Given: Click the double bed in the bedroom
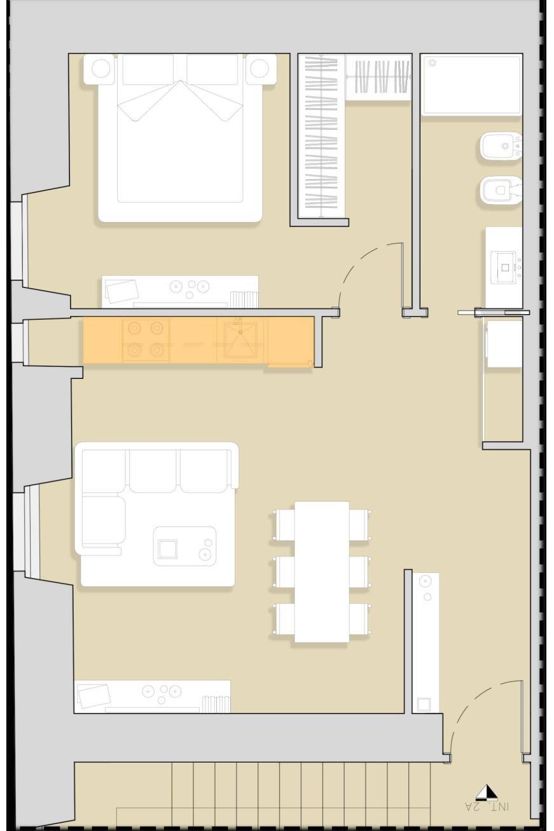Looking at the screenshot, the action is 181,138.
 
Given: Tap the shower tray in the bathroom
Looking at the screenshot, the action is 471,85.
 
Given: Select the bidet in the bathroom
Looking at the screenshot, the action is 501,146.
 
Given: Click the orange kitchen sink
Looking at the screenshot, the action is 240,340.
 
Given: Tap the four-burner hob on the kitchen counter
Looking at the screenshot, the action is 146,339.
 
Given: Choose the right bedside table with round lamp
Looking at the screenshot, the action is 261,69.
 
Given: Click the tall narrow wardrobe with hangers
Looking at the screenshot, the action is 321,136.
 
